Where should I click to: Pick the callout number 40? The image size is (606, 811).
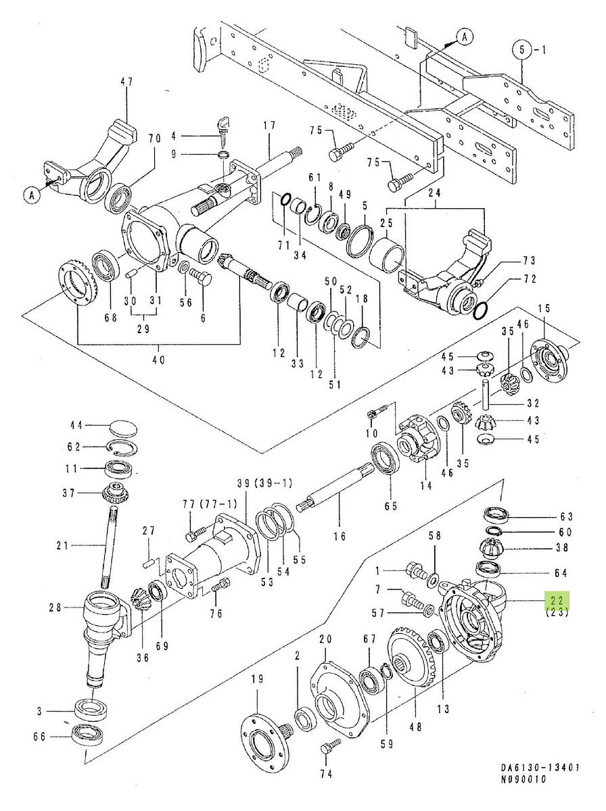coord(158,360)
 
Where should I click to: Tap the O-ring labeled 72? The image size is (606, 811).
coord(480,310)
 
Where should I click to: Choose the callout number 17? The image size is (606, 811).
coord(269,124)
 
